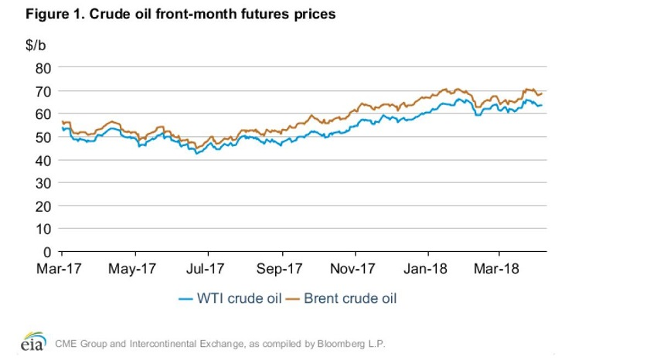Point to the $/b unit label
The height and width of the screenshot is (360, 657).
coord(36,46)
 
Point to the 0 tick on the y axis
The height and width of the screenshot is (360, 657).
coord(46,253)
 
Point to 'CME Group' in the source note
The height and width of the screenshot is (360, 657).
coord(83,342)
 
